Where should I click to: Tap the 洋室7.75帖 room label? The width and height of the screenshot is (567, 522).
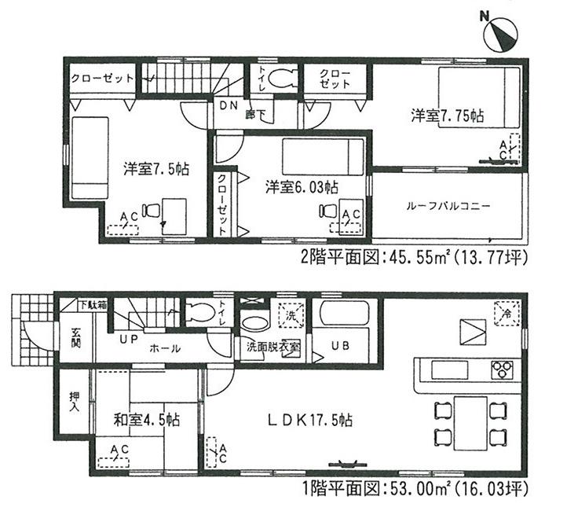447,116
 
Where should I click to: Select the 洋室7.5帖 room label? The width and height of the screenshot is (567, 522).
155,167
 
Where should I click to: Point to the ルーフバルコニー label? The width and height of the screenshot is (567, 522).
448,206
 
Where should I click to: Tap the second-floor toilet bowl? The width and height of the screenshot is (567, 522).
280,78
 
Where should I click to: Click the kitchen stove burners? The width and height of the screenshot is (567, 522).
502,368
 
